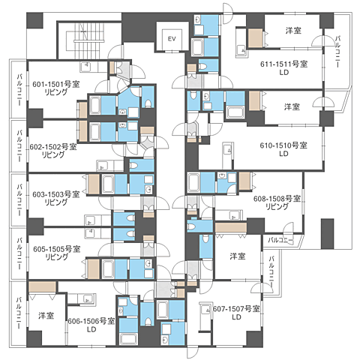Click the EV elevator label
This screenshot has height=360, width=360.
[172, 39]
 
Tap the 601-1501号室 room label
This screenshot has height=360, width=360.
[56, 84]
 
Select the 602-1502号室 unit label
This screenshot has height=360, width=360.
[53, 146]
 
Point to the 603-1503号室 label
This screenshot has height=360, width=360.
[56, 194]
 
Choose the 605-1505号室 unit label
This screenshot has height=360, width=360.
[57, 249]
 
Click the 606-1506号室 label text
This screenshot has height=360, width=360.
[91, 321]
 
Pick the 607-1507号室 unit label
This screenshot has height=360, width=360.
[236, 309]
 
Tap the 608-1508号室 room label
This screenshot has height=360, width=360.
[277, 199]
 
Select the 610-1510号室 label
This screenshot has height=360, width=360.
[283, 145]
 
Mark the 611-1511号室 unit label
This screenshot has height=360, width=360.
[284, 64]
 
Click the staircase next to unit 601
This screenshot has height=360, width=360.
[88, 40]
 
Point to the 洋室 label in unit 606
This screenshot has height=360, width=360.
[46, 316]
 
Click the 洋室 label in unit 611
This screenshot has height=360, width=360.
[293, 31]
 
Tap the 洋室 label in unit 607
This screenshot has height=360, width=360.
[238, 256]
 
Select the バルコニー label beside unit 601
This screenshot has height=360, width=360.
[19, 89]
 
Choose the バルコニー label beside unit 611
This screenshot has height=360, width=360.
[337, 52]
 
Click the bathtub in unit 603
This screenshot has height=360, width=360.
[108, 184]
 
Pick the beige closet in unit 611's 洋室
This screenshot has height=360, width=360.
[255, 38]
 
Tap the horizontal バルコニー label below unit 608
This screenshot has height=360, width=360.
[280, 241]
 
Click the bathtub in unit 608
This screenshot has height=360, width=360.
[194, 182]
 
